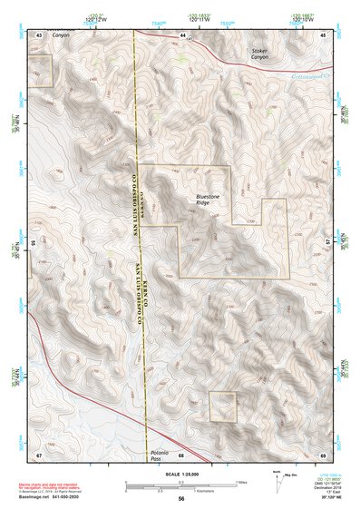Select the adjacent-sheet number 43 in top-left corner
(39, 34)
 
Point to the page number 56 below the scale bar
(181, 498)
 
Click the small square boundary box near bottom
(222, 406)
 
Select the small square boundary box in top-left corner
(41, 70)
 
